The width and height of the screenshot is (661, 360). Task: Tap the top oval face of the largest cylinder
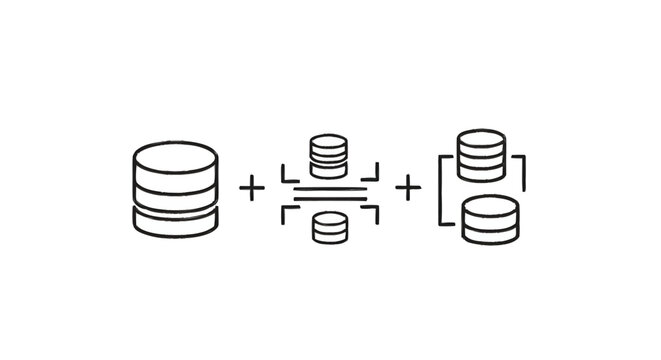coord(175,158)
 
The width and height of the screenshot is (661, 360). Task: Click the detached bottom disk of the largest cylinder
coord(175,225)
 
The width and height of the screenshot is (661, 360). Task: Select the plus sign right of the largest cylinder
coord(253,187)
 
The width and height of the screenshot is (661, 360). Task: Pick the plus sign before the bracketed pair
coord(408,187)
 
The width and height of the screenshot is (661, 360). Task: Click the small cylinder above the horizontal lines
coord(328,154)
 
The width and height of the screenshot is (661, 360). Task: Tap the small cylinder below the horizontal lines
coord(329,227)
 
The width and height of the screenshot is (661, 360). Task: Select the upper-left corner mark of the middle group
coord(286,171)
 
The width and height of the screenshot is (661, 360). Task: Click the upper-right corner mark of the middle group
coord(373,171)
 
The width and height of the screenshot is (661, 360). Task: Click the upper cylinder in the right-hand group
coord(481,154)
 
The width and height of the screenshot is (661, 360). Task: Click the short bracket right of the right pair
coord(521,174)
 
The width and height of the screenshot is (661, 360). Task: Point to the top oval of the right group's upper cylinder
coord(481,138)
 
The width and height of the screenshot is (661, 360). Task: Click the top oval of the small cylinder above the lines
coord(328,141)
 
